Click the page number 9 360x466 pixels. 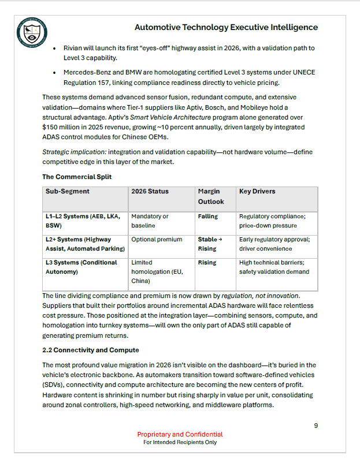click(x=316, y=426)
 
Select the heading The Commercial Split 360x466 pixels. click(x=77, y=177)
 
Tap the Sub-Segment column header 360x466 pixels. click(x=68, y=191)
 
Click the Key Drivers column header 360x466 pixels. click(x=257, y=191)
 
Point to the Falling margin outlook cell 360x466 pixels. click(x=208, y=217)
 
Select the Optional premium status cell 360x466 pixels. click(x=157, y=239)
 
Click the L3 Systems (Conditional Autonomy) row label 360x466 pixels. click(x=81, y=267)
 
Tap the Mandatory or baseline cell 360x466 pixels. click(x=150, y=221)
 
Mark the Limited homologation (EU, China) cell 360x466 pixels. click(x=157, y=271)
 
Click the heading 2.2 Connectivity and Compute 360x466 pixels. click(x=91, y=350)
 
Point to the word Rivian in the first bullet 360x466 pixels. click(x=75, y=49)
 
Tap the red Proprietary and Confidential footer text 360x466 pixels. click(x=180, y=434)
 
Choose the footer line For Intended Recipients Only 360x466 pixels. click(x=180, y=442)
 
